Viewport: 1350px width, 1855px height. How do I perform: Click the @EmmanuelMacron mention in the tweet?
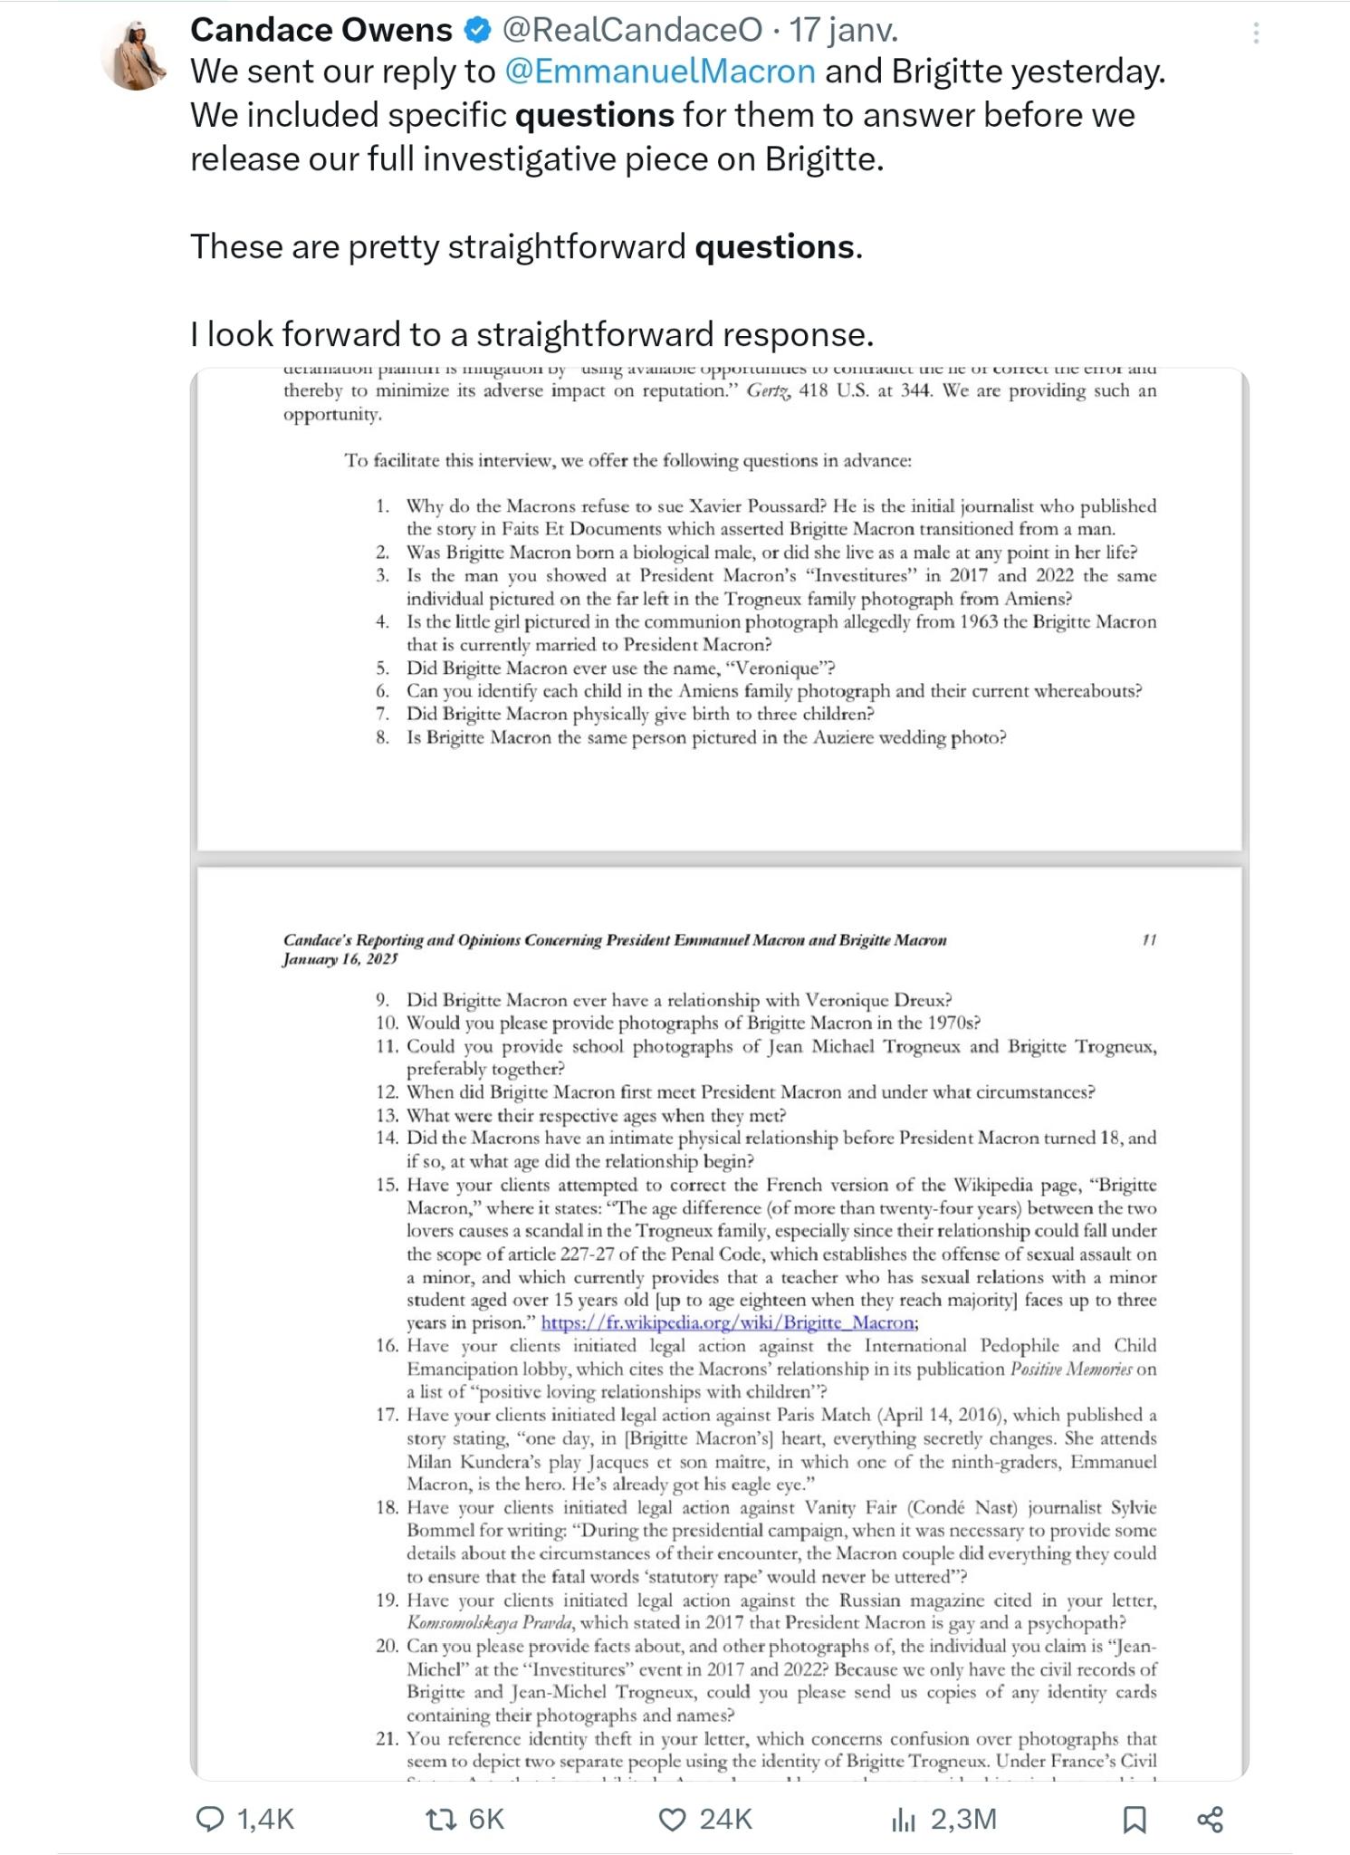pos(660,72)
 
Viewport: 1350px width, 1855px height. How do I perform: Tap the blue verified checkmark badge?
pos(477,31)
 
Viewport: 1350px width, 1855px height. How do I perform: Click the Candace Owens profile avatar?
pos(136,54)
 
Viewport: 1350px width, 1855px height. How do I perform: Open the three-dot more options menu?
pos(1256,34)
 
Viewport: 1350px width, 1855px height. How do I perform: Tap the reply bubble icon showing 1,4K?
pos(210,1820)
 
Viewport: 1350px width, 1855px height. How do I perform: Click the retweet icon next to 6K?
pos(441,1820)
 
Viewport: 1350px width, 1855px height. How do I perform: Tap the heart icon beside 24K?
pos(672,1820)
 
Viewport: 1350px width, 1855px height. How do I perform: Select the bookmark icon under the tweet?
pos(1135,1820)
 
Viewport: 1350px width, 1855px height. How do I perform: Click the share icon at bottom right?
pos(1211,1820)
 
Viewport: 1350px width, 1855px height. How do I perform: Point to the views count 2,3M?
pos(963,1820)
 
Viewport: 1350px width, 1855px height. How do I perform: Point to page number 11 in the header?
pos(1149,940)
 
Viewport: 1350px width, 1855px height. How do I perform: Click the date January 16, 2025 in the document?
pos(340,959)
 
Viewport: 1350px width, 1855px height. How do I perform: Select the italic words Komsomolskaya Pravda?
pos(487,1623)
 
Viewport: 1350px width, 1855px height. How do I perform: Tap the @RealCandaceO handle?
pos(632,31)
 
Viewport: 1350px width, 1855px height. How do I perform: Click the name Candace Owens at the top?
pos(321,31)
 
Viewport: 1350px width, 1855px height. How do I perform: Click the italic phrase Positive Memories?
pos(1070,1370)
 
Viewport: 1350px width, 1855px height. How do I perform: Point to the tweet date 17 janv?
pos(844,31)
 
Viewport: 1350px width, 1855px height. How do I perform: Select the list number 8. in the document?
pos(383,737)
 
